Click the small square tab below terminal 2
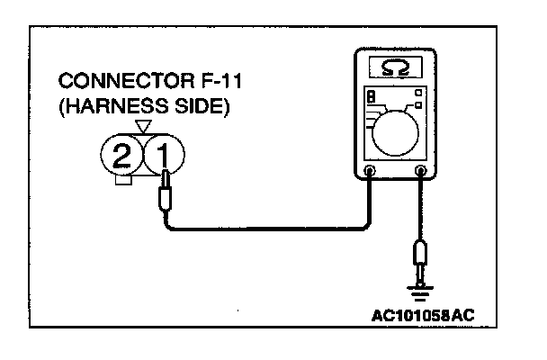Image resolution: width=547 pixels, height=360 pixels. [125, 183]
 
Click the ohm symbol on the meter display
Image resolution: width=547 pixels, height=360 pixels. [392, 67]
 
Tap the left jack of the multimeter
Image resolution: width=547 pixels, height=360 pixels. [369, 170]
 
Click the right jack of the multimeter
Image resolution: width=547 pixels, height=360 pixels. [420, 170]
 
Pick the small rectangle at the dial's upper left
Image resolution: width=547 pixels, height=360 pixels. [370, 96]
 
